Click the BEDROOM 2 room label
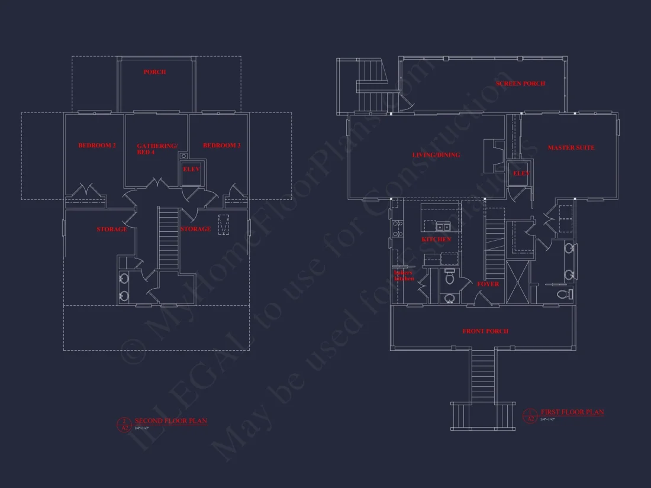(97, 146)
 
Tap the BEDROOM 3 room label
(221, 146)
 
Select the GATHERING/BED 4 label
(157, 148)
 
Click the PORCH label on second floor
(154, 72)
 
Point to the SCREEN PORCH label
(520, 83)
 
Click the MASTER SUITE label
(571, 147)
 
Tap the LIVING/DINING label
(436, 155)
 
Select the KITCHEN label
(436, 239)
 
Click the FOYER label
(488, 284)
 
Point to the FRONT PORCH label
(485, 331)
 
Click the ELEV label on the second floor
(191, 169)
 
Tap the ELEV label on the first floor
(521, 173)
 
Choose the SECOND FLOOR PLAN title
(171, 421)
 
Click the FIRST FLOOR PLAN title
(572, 412)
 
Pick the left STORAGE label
(112, 229)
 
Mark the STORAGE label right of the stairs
(195, 229)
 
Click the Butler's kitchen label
(404, 276)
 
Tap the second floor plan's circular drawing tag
(124, 424)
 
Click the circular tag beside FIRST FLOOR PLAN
(529, 415)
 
